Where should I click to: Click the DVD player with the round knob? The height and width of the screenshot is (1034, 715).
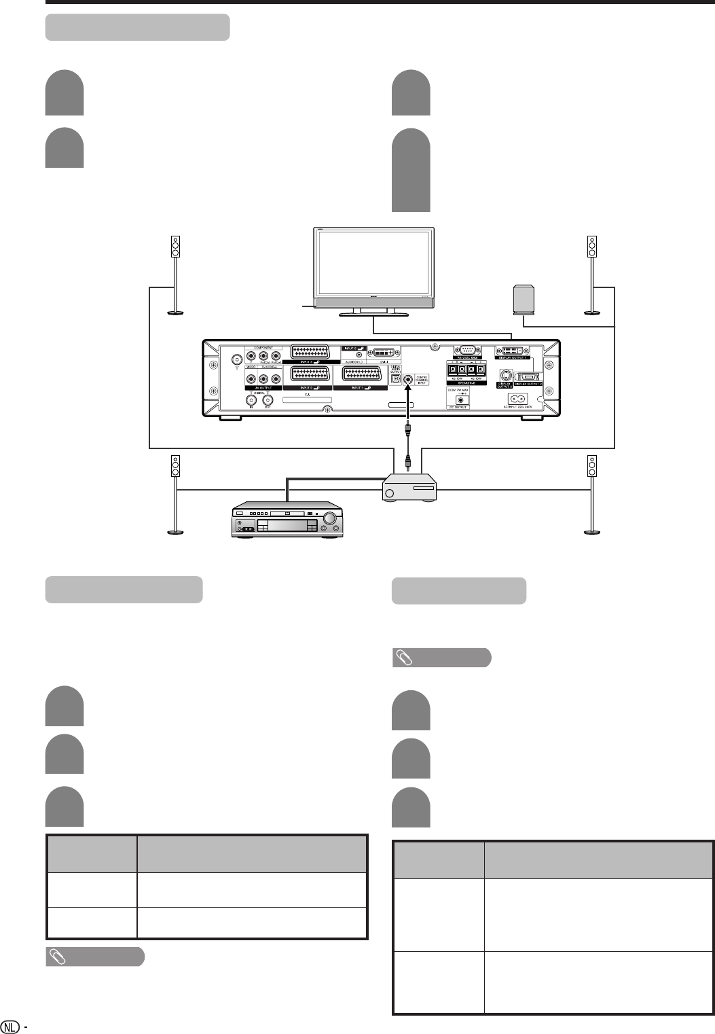point(285,522)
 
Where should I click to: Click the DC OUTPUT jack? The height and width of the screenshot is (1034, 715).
point(462,399)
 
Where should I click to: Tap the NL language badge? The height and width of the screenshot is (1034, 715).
point(10,1026)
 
